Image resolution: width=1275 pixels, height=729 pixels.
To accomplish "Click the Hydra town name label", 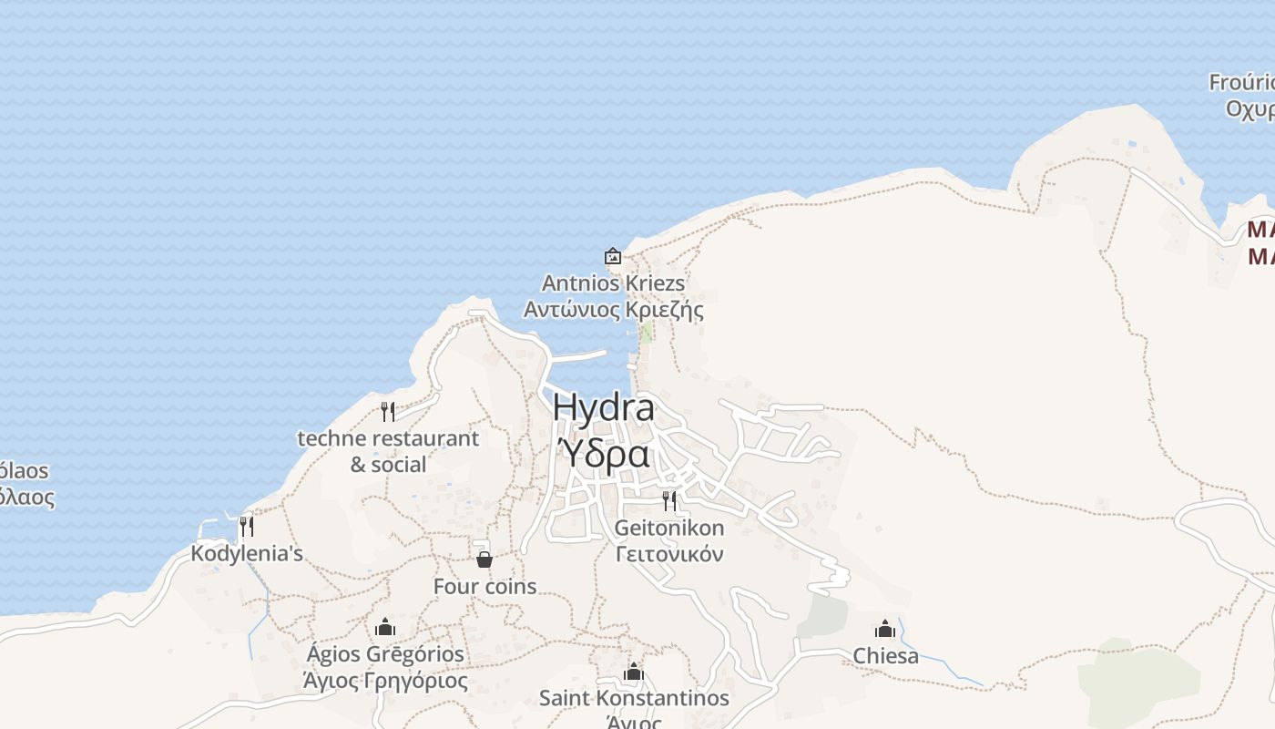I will (603, 408).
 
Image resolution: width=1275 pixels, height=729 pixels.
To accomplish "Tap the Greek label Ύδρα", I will (603, 453).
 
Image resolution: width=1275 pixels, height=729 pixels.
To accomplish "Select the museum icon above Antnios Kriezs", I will (613, 256).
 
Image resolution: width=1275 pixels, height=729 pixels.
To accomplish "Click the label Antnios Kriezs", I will (613, 283).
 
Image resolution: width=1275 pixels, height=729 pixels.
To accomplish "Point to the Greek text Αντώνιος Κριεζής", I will (613, 310).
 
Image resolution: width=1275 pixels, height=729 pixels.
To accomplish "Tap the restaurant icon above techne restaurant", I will (388, 411).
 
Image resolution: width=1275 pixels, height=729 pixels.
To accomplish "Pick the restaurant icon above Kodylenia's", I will (246, 526).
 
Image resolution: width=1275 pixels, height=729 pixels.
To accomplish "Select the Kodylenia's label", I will (246, 553).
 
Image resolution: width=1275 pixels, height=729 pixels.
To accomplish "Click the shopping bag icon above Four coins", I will (484, 560).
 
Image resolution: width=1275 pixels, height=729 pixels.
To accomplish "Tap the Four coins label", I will (484, 587).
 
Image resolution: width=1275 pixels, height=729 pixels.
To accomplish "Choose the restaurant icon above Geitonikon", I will (669, 500).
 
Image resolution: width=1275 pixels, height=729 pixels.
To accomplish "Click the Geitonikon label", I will (669, 528).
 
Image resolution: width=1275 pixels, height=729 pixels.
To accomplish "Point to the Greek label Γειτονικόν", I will (669, 554).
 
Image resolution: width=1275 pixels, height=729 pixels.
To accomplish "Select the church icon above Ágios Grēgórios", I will (385, 627).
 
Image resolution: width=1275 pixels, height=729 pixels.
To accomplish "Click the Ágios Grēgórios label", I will (385, 654).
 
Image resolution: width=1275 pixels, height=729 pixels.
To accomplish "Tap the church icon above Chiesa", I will (885, 629).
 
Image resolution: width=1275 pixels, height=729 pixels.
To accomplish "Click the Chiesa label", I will (885, 656).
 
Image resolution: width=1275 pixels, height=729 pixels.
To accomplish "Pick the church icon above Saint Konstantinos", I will (634, 673).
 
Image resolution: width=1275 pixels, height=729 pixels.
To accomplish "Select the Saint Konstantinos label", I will (634, 698).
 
